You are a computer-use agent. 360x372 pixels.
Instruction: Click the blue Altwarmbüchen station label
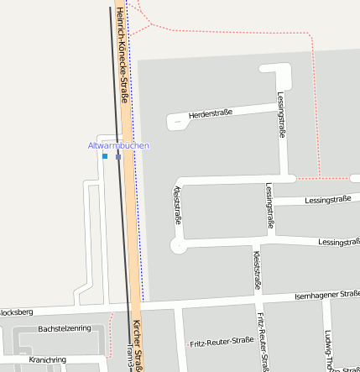[x=118, y=146]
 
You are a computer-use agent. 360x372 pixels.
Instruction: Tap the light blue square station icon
[x=105, y=156]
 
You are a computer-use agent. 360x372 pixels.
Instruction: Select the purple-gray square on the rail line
[x=119, y=156]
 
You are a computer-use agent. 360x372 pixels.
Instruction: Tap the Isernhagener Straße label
[x=328, y=295]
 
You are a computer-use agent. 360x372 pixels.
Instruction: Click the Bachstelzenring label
[x=65, y=327]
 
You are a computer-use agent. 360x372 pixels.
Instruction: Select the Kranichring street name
[x=47, y=359]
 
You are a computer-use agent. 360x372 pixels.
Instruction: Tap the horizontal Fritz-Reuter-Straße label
[x=222, y=342]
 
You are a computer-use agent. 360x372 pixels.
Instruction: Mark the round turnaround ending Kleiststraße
[x=178, y=246]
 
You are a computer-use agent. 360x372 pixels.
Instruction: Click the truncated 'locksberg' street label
[x=16, y=312]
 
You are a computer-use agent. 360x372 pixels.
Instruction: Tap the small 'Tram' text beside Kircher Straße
[x=130, y=355]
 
